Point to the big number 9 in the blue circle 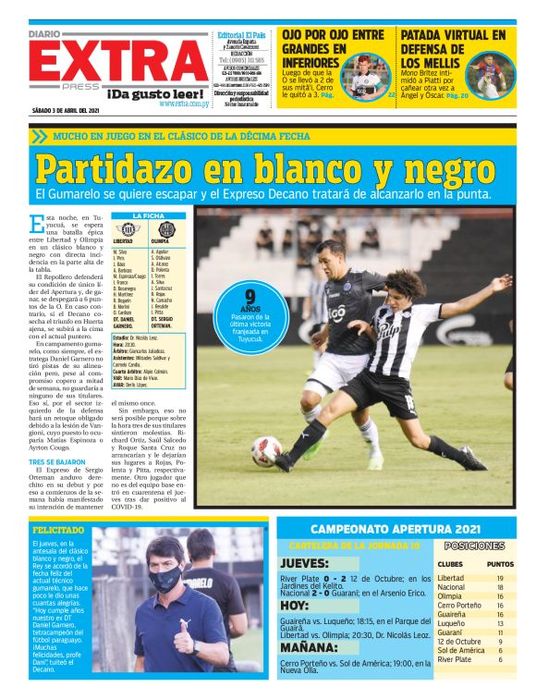pyautogui.click(x=250, y=298)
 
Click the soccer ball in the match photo pyautogui.click(x=266, y=451)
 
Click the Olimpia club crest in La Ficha pyautogui.click(x=167, y=229)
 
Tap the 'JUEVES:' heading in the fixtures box pyautogui.click(x=304, y=562)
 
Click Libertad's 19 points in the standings pyautogui.click(x=499, y=578)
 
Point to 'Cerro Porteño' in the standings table pyautogui.click(x=460, y=606)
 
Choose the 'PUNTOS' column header pyautogui.click(x=500, y=563)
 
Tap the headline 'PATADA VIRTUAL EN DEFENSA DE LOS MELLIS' pyautogui.click(x=453, y=50)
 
